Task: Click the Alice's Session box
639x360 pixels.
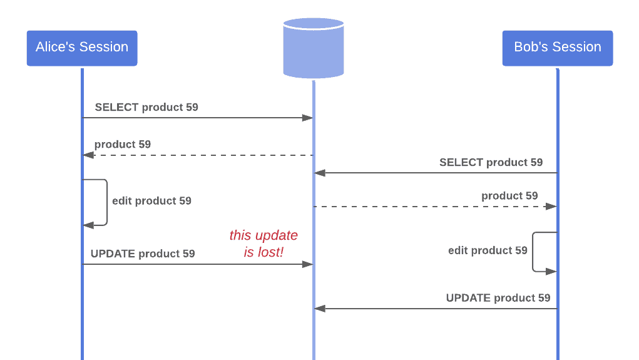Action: tap(81, 48)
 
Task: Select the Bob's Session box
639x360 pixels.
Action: tap(557, 48)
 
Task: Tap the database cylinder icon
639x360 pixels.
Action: tap(313, 48)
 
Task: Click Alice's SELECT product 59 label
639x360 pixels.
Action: tap(146, 107)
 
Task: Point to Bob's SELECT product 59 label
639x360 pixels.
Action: tap(491, 162)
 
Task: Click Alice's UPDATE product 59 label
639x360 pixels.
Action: tap(143, 254)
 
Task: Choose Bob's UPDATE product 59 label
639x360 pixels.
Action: tap(498, 297)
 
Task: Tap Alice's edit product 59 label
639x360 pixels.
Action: tap(151, 201)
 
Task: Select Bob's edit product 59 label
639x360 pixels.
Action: tap(488, 250)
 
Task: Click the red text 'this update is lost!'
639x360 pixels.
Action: tap(263, 244)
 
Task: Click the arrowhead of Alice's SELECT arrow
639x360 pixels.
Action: tap(308, 118)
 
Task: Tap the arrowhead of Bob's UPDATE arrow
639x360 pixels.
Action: tap(319, 309)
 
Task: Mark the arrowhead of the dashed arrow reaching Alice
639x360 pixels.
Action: tap(88, 155)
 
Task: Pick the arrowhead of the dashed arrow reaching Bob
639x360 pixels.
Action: tap(552, 206)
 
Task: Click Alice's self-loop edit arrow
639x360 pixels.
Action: tap(106, 202)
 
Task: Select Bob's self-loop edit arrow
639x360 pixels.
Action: tap(533, 252)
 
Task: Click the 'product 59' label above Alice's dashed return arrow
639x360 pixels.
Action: tap(123, 144)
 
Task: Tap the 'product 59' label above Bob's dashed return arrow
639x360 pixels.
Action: tap(509, 196)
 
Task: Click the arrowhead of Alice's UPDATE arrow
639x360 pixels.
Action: tap(308, 264)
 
